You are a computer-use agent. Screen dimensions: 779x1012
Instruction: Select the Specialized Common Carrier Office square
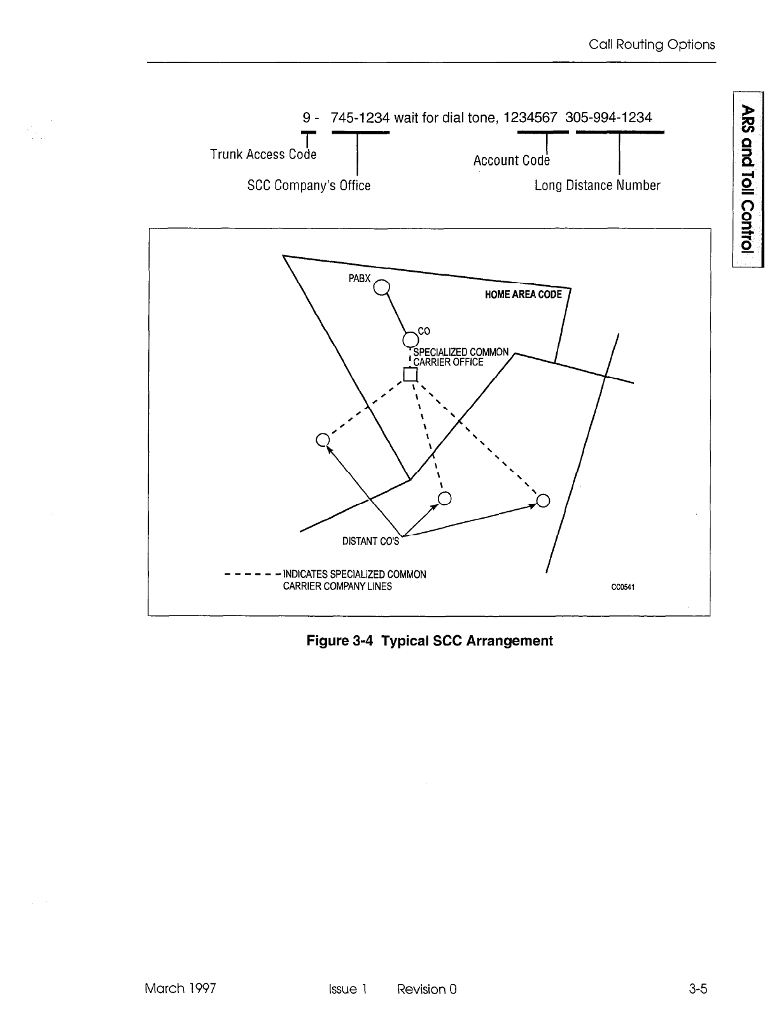click(409, 374)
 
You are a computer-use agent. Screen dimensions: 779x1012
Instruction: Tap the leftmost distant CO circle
click(322, 440)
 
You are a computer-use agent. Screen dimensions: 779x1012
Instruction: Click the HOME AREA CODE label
click(523, 295)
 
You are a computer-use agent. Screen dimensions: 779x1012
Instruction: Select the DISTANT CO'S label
click(370, 542)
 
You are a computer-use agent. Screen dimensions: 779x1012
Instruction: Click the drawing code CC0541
click(624, 587)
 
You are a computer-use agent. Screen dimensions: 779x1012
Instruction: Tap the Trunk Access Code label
click(263, 154)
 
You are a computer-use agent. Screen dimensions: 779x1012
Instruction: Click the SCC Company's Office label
click(308, 186)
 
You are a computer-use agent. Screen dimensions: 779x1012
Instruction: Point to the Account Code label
click(511, 160)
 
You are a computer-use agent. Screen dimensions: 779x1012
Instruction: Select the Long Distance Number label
click(597, 185)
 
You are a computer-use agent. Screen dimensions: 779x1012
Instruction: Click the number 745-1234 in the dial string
click(360, 118)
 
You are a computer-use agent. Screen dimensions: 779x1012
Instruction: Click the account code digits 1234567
click(530, 118)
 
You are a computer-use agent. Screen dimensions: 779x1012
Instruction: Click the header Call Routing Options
click(652, 45)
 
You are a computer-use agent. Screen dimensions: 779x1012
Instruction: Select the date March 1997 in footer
click(180, 988)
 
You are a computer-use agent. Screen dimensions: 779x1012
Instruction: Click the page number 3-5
click(698, 988)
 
